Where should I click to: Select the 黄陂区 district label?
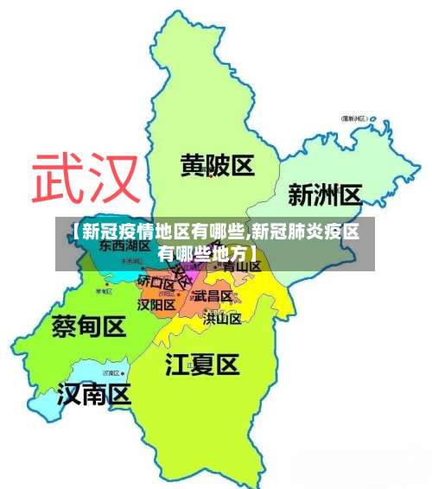(x=217, y=165)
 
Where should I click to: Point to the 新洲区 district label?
(x=324, y=194)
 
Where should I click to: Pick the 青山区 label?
(x=242, y=266)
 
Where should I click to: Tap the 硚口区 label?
(x=156, y=282)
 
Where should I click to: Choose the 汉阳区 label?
(x=156, y=304)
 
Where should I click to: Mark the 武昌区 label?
(x=213, y=295)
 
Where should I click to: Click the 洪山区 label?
(x=222, y=318)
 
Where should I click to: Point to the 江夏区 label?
(x=201, y=364)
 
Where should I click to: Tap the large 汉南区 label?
(x=93, y=396)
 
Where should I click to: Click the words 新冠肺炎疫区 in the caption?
(x=306, y=231)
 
